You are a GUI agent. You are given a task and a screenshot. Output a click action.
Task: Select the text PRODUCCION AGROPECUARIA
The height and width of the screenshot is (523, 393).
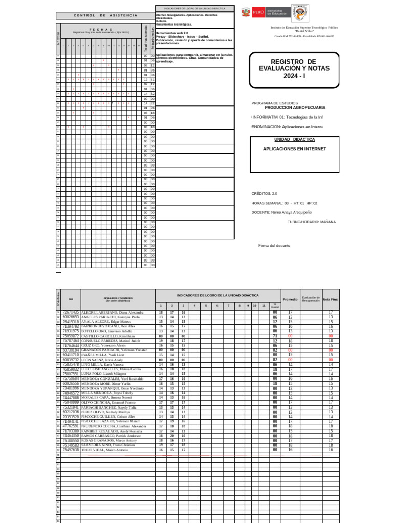click(x=294, y=108)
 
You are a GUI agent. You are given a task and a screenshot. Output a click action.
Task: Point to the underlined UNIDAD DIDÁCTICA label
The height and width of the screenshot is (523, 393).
click(x=294, y=139)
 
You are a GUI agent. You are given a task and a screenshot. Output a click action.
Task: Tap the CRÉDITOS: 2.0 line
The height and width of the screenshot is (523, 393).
click(x=264, y=194)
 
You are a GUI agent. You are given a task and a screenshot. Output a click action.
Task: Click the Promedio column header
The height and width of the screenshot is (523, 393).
click(x=290, y=299)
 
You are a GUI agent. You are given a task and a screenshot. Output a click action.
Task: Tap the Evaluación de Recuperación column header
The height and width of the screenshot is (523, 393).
click(x=310, y=298)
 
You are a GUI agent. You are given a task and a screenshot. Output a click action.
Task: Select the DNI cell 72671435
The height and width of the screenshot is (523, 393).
click(x=71, y=312)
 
